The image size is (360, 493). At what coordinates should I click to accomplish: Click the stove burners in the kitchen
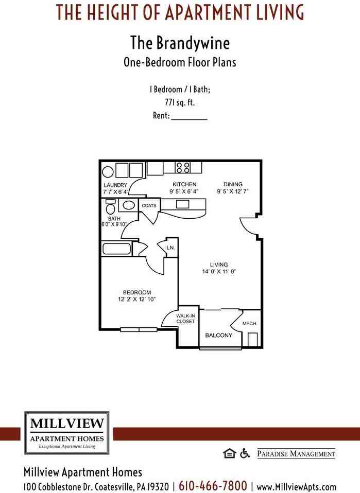(183, 168)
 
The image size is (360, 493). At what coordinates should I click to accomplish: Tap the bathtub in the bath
(117, 249)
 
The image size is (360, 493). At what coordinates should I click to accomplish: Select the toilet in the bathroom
(111, 208)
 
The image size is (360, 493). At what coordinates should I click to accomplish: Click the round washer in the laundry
(108, 171)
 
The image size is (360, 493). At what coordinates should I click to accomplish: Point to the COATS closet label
(149, 206)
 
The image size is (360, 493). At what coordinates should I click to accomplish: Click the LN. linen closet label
(170, 248)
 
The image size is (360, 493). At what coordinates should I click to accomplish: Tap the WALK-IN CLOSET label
(185, 319)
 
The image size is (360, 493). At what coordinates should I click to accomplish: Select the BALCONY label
(219, 336)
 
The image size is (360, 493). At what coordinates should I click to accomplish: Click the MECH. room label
(249, 324)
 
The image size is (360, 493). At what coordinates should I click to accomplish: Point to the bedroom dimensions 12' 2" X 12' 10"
(137, 300)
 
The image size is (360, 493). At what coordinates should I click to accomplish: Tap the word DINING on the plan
(233, 184)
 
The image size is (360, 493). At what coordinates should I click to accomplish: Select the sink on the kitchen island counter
(183, 204)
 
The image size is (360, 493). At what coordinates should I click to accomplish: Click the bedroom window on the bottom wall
(139, 329)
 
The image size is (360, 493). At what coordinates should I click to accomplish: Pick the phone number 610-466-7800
(213, 486)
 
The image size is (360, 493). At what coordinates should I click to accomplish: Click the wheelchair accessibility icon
(245, 453)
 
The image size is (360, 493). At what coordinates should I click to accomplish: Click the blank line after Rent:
(188, 116)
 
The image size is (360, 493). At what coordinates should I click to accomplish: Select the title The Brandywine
(180, 42)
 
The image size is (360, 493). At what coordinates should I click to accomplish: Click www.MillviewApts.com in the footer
(296, 486)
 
